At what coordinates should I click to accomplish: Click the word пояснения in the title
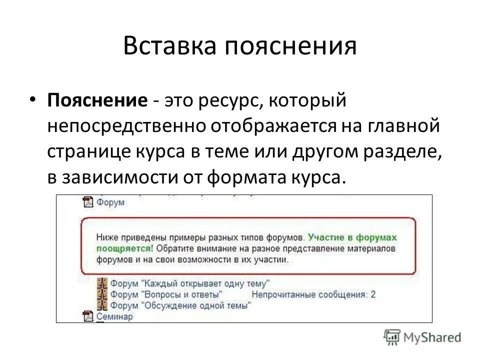point(289,46)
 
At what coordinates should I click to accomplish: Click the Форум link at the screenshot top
point(110,202)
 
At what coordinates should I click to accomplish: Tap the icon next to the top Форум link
point(88,202)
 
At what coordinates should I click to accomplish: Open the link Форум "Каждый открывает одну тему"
point(190,282)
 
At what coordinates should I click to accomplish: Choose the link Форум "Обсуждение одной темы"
point(180,304)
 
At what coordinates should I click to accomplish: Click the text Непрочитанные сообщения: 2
point(313,294)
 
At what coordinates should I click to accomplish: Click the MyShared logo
point(423,337)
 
